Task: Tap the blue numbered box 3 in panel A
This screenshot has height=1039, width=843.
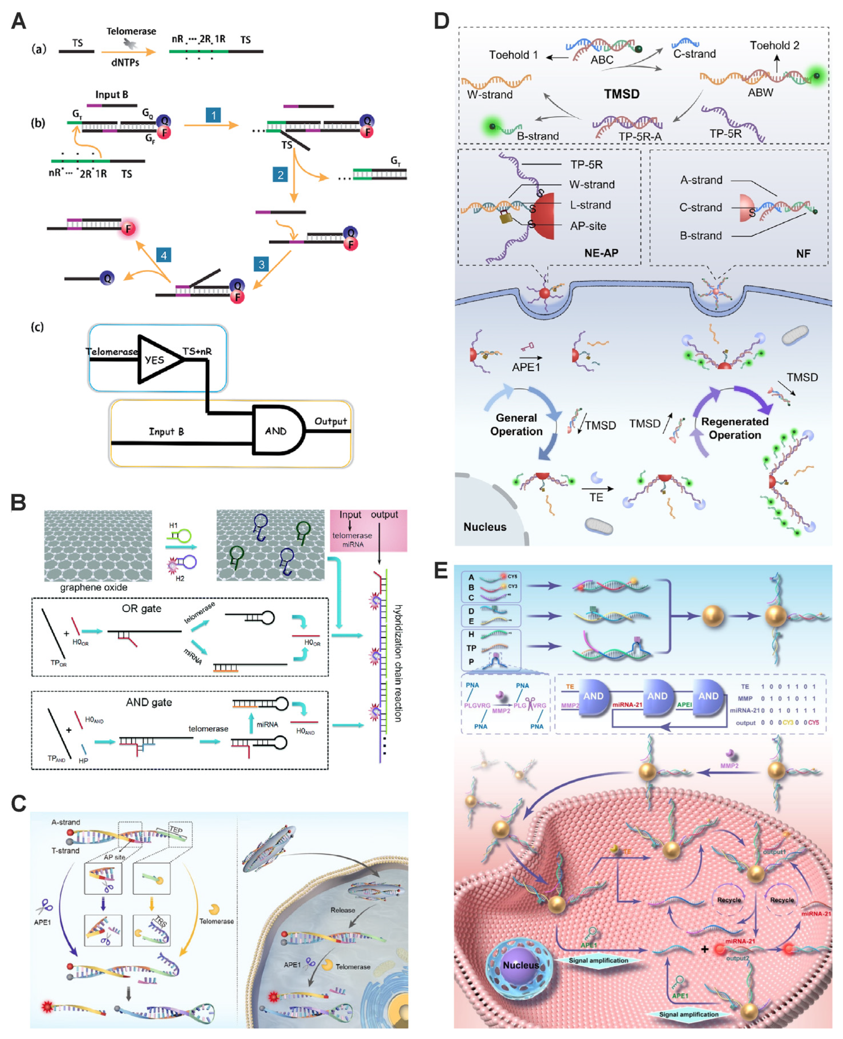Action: [261, 264]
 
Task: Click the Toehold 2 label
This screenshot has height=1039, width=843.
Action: [774, 45]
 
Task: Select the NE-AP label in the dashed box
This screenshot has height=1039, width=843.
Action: [601, 253]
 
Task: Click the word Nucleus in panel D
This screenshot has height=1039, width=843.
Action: [485, 527]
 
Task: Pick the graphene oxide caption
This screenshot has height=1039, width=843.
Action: [94, 587]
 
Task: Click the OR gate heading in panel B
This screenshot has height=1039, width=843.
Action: [141, 608]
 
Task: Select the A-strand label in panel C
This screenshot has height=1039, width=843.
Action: [66, 822]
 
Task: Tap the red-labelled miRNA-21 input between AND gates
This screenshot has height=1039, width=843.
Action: [627, 704]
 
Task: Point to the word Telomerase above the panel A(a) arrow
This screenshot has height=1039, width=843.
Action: [131, 31]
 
